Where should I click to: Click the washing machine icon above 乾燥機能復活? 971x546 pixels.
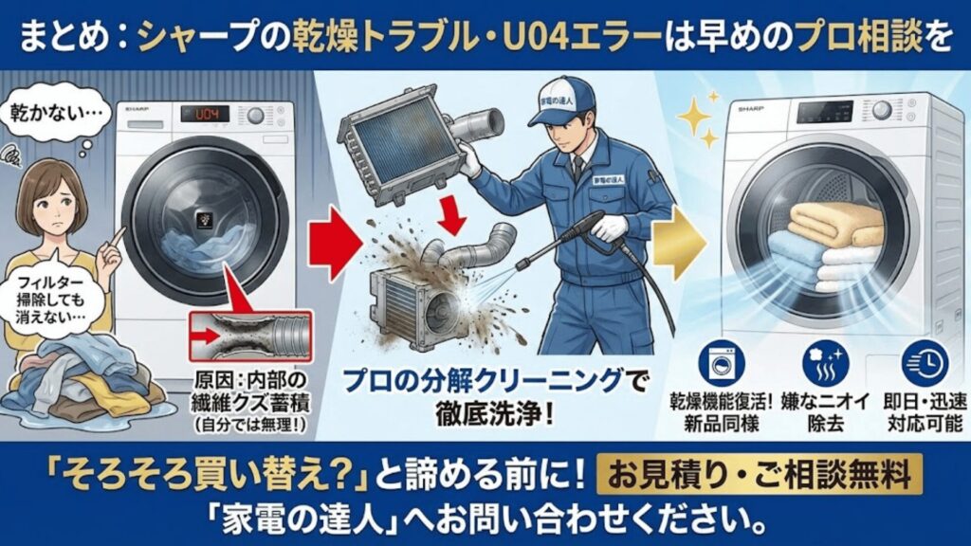tap(719, 363)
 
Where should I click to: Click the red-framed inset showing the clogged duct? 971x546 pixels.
tap(250, 337)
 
